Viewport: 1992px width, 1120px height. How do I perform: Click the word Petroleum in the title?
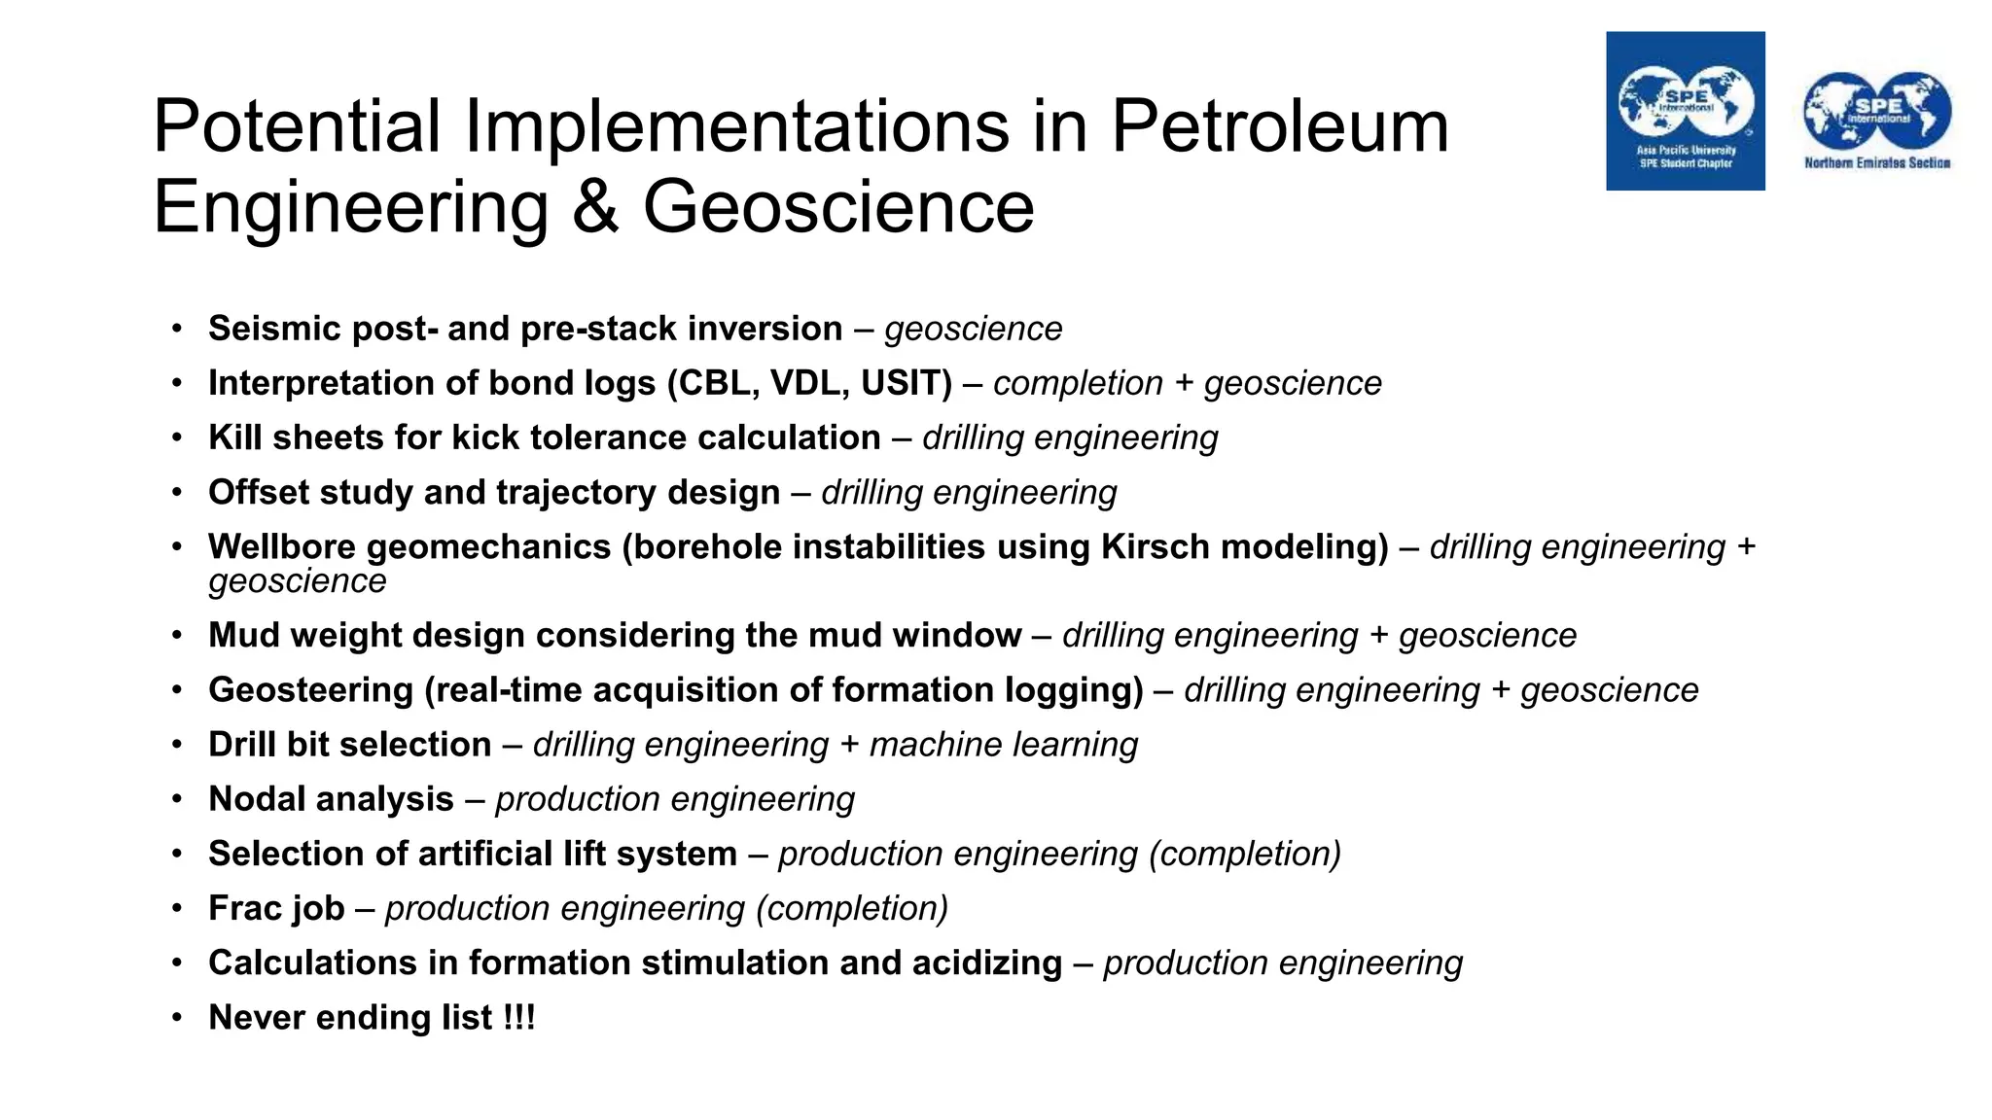(1279, 126)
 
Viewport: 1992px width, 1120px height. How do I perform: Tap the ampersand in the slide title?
(595, 207)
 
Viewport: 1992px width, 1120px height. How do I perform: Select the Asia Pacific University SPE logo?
(1685, 111)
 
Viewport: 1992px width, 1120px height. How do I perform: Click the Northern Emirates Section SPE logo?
(1876, 120)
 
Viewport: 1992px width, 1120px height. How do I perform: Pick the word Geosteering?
(310, 689)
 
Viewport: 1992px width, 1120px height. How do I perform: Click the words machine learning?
(1003, 745)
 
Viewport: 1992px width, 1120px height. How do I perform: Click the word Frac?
(244, 908)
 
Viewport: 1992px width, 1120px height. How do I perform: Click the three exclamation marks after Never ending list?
(519, 1018)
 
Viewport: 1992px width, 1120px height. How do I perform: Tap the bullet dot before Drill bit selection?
(177, 745)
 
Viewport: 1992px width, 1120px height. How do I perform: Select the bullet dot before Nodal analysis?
(177, 799)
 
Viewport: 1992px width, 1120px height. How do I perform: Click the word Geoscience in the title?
(837, 207)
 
